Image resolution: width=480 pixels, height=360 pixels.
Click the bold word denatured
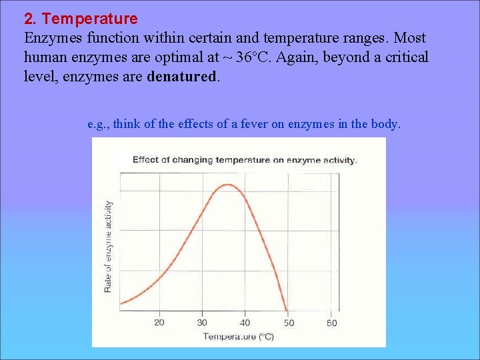point(181,76)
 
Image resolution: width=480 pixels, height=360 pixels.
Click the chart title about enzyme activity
point(245,160)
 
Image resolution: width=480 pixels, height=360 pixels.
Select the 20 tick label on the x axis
point(159,323)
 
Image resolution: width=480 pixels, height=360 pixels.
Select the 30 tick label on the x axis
point(202,323)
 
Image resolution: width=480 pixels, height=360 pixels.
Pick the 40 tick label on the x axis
point(245,323)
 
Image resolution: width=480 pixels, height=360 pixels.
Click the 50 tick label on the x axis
point(288,323)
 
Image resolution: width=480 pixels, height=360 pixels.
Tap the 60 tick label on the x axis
point(331,323)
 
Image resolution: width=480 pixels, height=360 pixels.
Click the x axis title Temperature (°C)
point(238,337)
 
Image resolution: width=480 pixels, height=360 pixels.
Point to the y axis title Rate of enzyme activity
point(108,247)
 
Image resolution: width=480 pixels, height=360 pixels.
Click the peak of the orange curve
point(227,185)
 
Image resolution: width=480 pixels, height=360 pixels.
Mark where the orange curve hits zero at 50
point(287,311)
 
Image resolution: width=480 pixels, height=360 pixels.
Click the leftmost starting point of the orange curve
point(121,303)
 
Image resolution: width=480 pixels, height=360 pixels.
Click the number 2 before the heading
point(29,19)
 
